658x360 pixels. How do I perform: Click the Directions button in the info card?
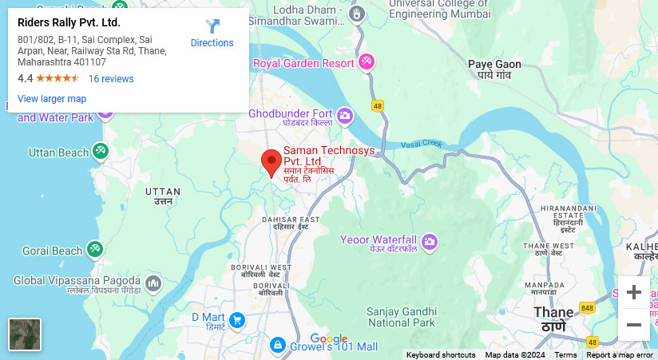[212, 34]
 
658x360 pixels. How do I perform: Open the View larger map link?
[52, 99]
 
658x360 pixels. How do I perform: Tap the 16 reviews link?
[111, 79]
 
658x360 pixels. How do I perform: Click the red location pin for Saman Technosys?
[272, 161]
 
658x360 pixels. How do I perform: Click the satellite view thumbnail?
[25, 334]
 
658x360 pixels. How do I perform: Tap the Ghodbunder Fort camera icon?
[345, 117]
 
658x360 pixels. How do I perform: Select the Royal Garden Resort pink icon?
[367, 61]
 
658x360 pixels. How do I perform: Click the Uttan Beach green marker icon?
[100, 151]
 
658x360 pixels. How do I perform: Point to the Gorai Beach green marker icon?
[95, 251]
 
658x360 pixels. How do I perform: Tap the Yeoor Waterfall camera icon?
[430, 241]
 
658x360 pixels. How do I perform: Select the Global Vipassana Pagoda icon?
[153, 283]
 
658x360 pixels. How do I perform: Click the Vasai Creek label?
[421, 144]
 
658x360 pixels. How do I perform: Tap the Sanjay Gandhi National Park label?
[401, 317]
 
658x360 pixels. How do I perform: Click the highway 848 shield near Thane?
[589, 308]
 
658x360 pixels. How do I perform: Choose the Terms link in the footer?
[565, 355]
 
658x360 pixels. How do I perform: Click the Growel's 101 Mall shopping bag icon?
[277, 345]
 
